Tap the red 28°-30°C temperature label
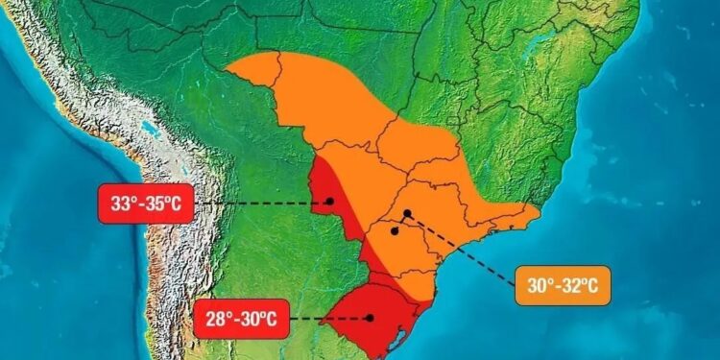point(239,318)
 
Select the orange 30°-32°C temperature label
point(562,284)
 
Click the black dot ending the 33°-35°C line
point(328,202)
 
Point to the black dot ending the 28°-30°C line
point(370,317)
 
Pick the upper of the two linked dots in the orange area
point(407,213)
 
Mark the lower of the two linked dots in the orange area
point(395,231)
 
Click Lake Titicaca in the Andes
point(148,126)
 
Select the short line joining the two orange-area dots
point(401,222)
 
